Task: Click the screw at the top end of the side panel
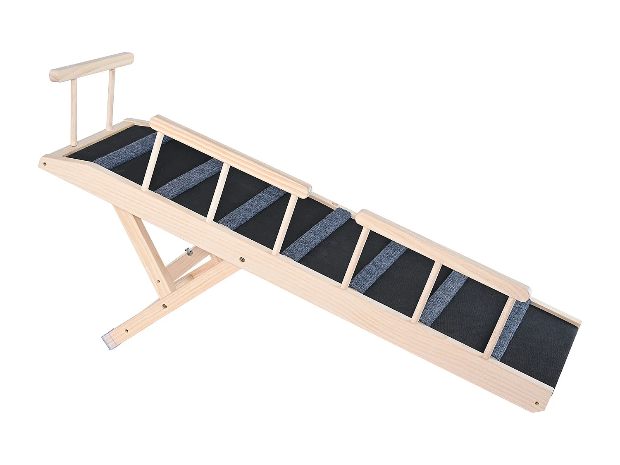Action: [x=45, y=164]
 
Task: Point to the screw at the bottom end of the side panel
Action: [x=537, y=403]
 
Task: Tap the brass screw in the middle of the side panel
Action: [x=242, y=260]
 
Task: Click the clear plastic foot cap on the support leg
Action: [x=108, y=340]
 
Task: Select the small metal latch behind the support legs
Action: [x=189, y=250]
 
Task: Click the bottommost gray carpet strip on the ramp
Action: [x=512, y=328]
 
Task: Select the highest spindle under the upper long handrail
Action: [x=153, y=161]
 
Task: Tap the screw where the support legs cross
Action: [x=165, y=306]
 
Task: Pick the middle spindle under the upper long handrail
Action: [x=217, y=193]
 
